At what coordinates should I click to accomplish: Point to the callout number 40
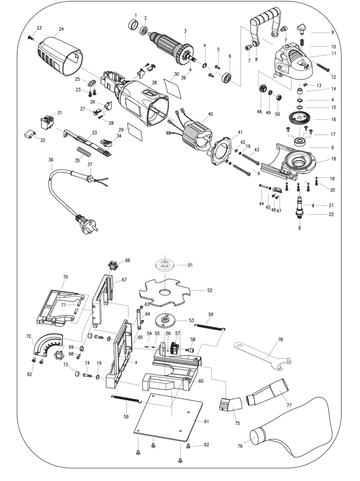point(210,114)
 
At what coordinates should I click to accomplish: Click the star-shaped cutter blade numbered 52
point(164,291)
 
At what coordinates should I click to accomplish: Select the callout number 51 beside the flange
point(189,265)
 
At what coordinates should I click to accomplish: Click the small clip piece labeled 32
point(29,134)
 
